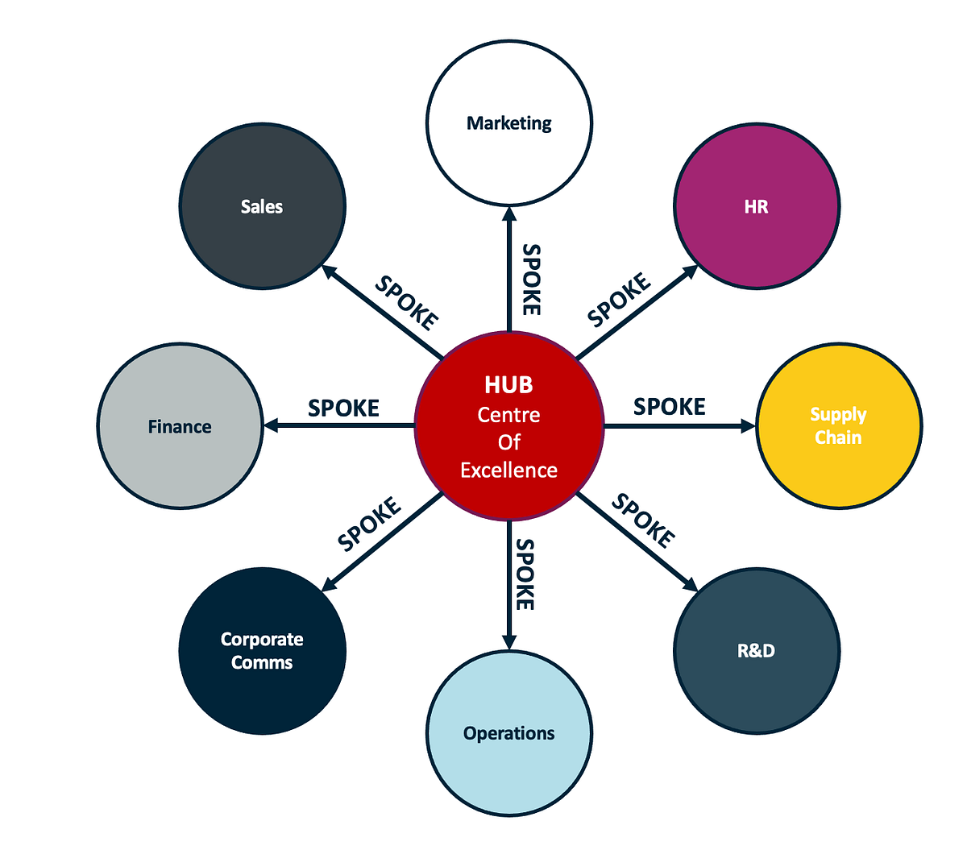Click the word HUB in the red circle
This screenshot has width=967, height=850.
(508, 385)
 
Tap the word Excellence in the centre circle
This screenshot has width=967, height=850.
(508, 470)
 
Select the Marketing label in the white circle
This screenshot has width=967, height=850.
(509, 123)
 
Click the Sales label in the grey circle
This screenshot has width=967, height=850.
(262, 207)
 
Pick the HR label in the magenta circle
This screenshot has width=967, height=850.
(756, 207)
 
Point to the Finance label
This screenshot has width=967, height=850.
(180, 427)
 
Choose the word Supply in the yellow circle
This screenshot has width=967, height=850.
(838, 415)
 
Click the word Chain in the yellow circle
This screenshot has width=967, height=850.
(838, 437)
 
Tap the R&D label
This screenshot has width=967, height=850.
(756, 651)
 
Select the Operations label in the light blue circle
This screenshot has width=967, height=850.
(508, 733)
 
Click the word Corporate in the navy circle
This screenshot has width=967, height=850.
(262, 640)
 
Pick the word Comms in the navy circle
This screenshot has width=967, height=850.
(262, 662)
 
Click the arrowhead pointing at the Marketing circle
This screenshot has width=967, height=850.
(508, 214)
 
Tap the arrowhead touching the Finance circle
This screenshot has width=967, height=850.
(272, 425)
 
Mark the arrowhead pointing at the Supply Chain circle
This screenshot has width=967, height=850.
(748, 425)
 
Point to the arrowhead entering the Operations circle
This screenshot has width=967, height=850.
(508, 641)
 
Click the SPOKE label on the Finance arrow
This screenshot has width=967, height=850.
(343, 408)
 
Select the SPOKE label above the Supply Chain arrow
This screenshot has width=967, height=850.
(669, 407)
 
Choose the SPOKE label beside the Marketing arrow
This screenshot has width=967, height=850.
(531, 280)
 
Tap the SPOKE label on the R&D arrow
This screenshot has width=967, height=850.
(643, 520)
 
